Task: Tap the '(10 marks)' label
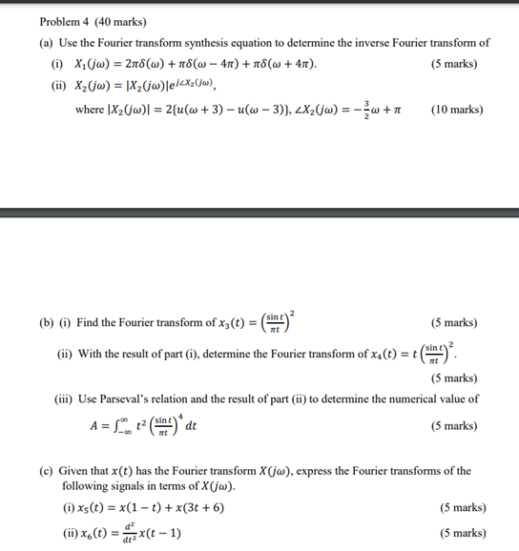457,110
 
